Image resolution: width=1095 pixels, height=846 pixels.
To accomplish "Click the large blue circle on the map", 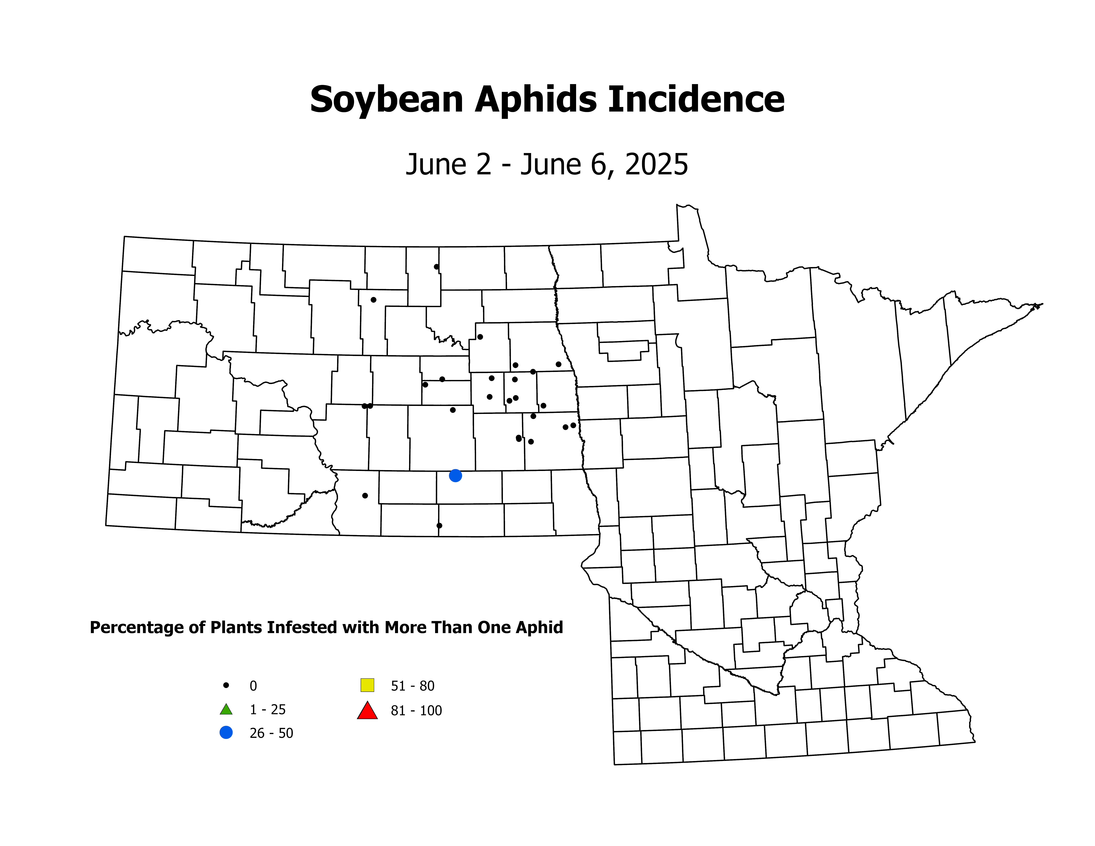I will tap(455, 476).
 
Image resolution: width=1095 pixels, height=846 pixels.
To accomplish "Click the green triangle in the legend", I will tap(226, 710).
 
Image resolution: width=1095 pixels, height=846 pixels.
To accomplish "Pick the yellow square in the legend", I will tap(367, 685).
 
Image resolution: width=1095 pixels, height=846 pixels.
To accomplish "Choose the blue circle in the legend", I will tap(226, 733).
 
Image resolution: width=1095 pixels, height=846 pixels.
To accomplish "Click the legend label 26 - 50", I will tap(271, 733).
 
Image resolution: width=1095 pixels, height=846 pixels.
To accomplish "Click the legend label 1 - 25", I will tap(268, 710).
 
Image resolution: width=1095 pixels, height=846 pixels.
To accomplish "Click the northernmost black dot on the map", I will tap(436, 267).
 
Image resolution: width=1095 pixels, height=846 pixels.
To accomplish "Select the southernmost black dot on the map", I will tap(439, 526).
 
